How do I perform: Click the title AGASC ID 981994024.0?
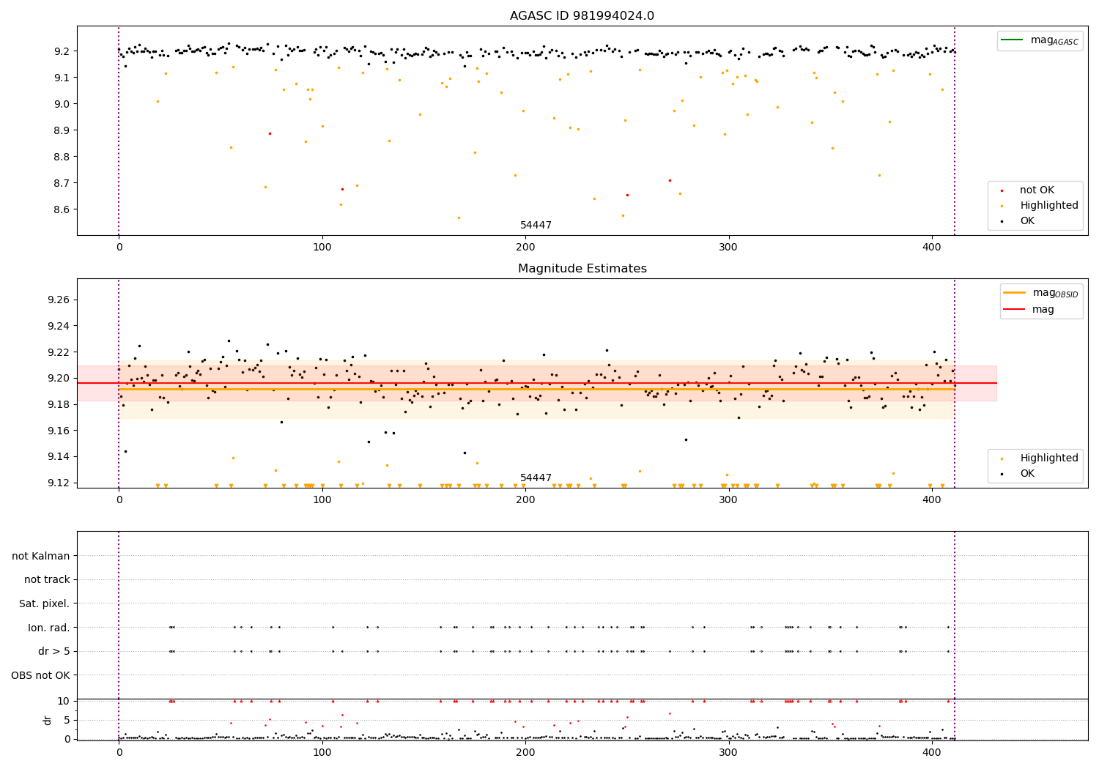pyautogui.click(x=582, y=16)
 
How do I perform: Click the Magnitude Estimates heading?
pyautogui.click(x=582, y=269)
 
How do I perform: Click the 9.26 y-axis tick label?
pyautogui.click(x=56, y=300)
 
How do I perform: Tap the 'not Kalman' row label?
pyautogui.click(x=41, y=556)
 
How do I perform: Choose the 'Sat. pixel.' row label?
pyautogui.click(x=45, y=603)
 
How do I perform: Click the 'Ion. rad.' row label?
pyautogui.click(x=49, y=628)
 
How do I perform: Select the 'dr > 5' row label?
pyautogui.click(x=54, y=651)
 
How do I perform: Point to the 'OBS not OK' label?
pyautogui.click(x=40, y=675)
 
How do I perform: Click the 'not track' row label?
pyautogui.click(x=47, y=579)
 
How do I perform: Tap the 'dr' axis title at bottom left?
pyautogui.click(x=48, y=720)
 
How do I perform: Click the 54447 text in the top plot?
pyautogui.click(x=536, y=226)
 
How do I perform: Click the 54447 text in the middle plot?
pyautogui.click(x=536, y=478)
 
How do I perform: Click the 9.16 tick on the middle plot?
pyautogui.click(x=56, y=431)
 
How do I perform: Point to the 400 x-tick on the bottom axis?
pyautogui.click(x=932, y=752)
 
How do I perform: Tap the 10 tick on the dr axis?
pyautogui.click(x=64, y=701)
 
